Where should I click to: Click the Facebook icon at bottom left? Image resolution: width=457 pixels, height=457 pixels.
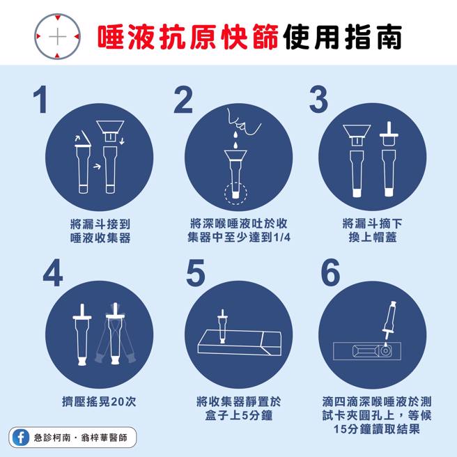[20, 437]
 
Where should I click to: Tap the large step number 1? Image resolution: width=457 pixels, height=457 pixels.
[41, 100]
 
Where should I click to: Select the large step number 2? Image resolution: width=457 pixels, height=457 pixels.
[183, 100]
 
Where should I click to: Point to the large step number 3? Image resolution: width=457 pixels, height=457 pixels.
[318, 100]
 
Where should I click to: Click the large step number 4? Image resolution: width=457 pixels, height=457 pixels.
[52, 274]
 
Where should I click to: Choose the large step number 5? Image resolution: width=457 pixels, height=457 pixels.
[196, 274]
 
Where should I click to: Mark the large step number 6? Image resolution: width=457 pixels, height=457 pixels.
[331, 274]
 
